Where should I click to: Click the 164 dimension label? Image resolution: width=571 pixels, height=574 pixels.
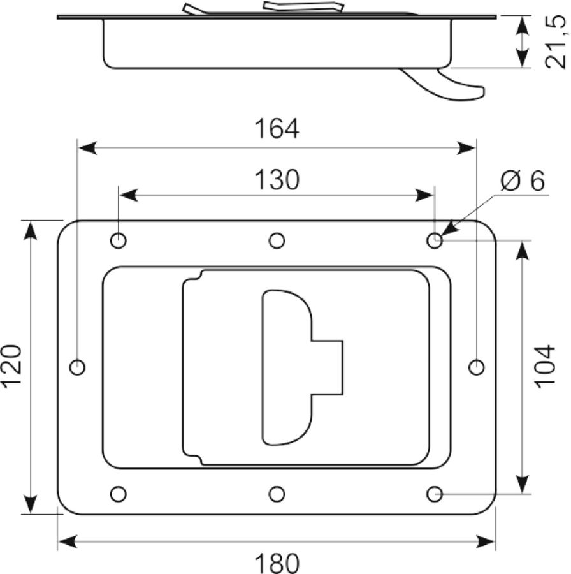click(277, 128)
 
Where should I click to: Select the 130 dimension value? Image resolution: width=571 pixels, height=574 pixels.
click(277, 180)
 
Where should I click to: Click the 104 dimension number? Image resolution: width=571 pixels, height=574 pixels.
click(545, 366)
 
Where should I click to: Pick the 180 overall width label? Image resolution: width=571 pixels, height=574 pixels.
click(277, 563)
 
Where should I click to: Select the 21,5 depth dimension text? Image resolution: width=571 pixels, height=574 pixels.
click(555, 41)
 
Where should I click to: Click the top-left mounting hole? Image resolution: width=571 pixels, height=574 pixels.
click(118, 241)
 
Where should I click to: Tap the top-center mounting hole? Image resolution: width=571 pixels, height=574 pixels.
click(277, 241)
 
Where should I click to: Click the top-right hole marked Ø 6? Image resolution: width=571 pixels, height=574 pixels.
click(435, 241)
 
